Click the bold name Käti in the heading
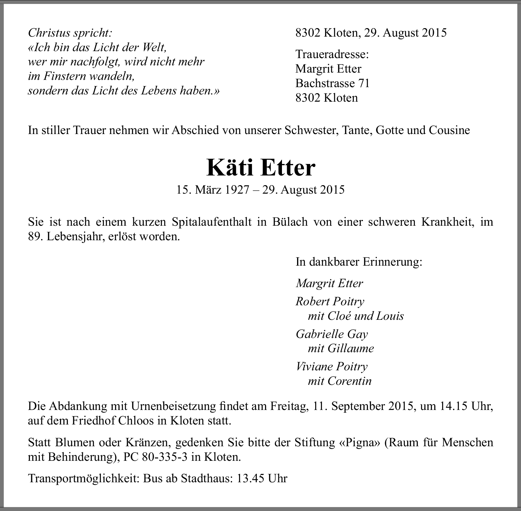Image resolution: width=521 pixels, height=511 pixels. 229,168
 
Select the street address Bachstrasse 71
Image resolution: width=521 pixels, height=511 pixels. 332,83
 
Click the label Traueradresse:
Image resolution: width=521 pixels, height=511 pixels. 332,54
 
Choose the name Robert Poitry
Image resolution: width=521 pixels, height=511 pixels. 330,301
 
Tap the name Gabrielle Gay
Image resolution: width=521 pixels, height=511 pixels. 332,334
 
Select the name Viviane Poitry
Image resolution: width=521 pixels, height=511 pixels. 332,367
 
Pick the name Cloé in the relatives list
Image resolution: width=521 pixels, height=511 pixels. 339,316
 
